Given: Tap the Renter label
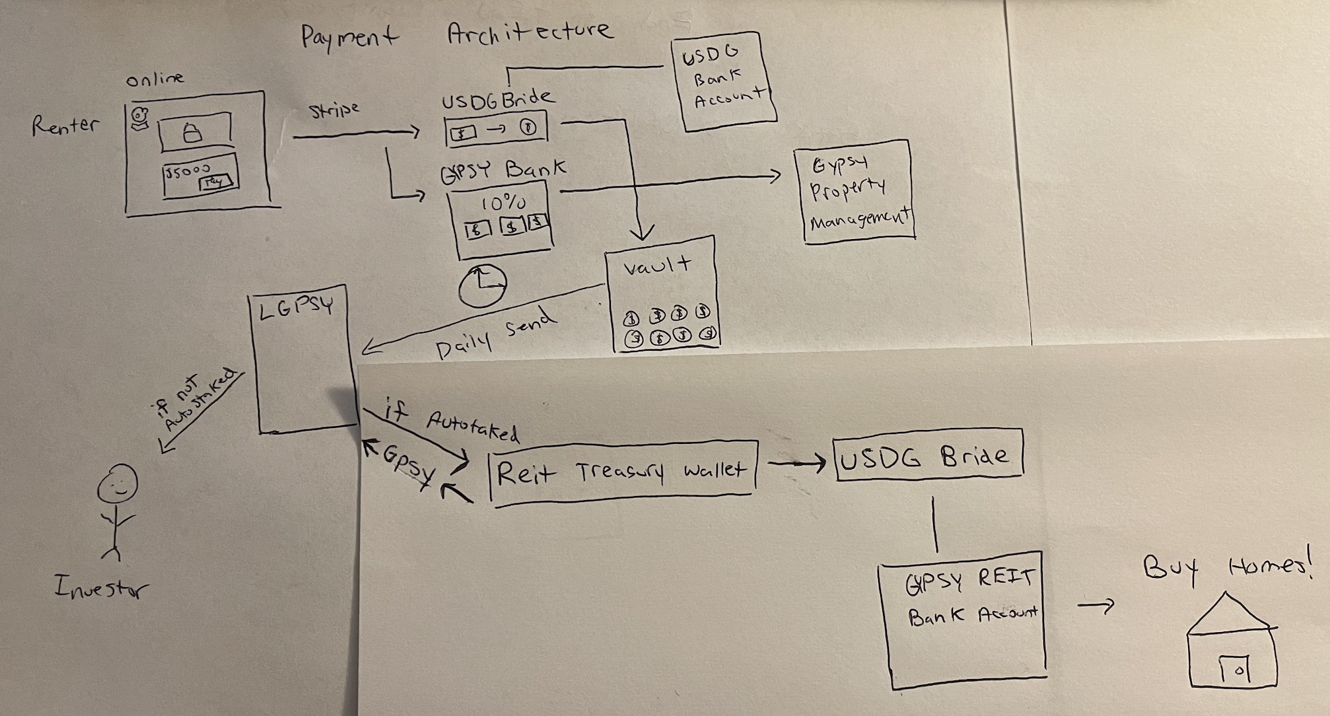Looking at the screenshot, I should point(65,125).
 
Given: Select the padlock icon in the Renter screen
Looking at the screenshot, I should point(192,133).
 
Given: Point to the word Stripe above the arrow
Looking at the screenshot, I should point(334,110).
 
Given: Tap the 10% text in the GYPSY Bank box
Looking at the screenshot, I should point(503,202).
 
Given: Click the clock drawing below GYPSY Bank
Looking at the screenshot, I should point(482,285).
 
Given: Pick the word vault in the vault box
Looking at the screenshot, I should point(658,266).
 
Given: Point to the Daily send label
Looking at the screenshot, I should point(495,334).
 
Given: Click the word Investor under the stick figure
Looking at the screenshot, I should point(101,587).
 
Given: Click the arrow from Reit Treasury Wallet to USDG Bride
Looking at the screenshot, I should point(796,464).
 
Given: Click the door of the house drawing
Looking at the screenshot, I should point(1234,671).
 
